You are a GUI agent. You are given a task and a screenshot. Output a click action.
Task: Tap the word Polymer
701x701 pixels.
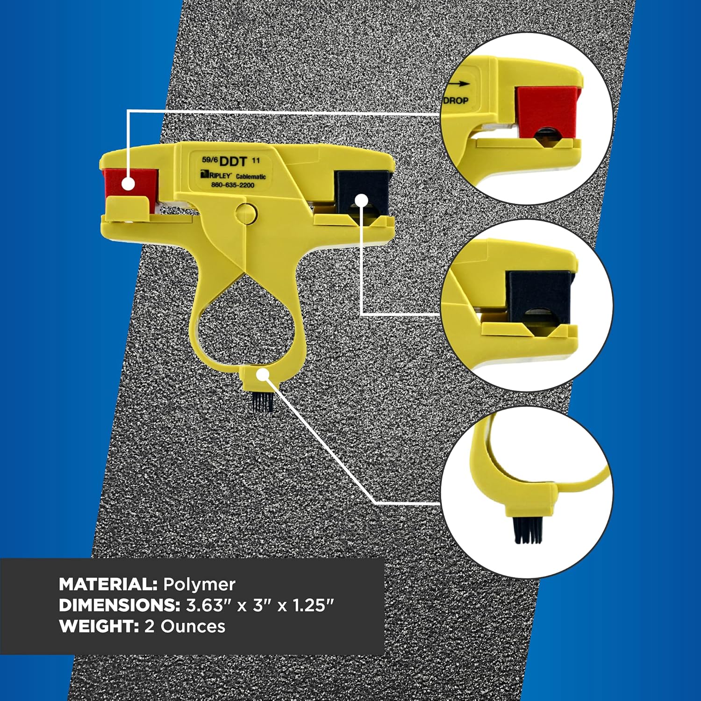pos(199,585)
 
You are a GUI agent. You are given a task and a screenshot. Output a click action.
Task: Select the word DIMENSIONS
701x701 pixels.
pos(120,605)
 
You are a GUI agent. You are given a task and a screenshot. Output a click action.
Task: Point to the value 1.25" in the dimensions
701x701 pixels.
pos(313,605)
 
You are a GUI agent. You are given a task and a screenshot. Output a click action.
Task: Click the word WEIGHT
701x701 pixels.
pos(99,626)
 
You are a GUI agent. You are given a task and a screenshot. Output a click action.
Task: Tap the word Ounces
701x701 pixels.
pos(193,626)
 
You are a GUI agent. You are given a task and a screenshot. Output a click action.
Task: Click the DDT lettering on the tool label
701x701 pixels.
pos(233,162)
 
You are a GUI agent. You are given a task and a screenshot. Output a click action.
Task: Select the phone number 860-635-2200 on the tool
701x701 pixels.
pos(233,185)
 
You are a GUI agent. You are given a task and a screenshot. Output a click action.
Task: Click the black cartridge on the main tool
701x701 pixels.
pos(362,191)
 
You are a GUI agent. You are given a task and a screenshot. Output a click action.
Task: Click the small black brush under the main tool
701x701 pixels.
pos(262,402)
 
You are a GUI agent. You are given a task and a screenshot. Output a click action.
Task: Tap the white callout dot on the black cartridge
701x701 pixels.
pos(361,201)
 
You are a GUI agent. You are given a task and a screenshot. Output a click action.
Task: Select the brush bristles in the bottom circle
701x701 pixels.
pos(528,530)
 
